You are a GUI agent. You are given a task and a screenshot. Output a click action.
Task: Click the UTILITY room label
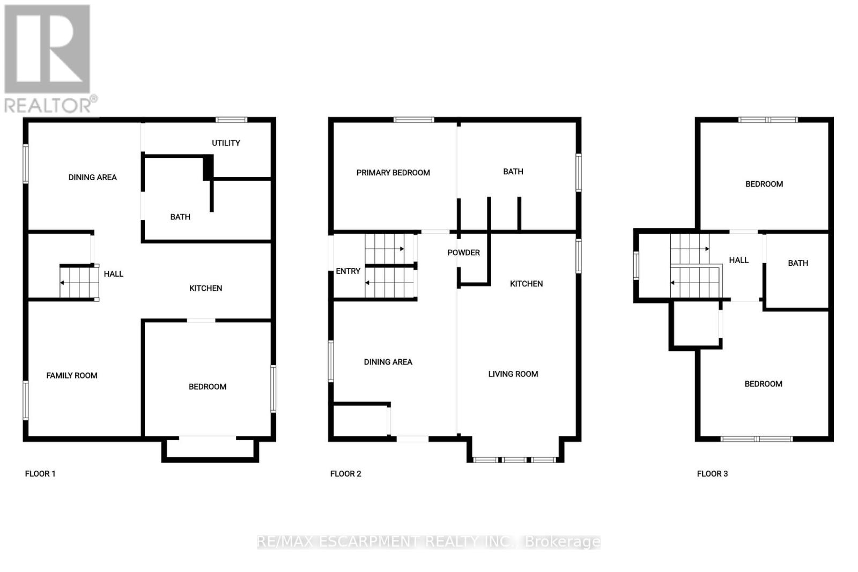click(x=226, y=143)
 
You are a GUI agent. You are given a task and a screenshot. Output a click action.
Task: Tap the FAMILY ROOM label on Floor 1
click(x=72, y=375)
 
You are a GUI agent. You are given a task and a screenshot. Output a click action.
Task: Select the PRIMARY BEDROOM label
click(x=393, y=173)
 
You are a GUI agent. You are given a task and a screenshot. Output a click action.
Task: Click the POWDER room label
click(x=464, y=252)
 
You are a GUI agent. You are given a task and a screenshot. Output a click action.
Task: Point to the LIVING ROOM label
click(x=513, y=374)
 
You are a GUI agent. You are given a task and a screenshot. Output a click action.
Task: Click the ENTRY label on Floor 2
click(x=348, y=271)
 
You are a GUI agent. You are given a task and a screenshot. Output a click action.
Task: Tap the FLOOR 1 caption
click(x=40, y=473)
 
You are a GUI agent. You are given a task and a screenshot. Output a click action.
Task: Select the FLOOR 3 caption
click(x=712, y=473)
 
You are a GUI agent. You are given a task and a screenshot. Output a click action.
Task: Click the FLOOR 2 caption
click(x=346, y=473)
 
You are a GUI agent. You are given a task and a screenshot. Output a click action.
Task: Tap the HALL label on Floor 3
click(x=738, y=260)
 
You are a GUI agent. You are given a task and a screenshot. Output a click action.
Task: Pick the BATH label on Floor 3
click(x=798, y=263)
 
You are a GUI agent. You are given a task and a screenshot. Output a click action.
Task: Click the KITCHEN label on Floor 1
click(x=205, y=288)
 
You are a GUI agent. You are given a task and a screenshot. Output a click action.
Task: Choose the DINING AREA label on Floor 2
click(x=388, y=362)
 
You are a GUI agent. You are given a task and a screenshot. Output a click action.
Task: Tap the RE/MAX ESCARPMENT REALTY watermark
click(x=429, y=542)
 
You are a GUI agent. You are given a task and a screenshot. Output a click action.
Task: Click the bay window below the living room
click(x=515, y=459)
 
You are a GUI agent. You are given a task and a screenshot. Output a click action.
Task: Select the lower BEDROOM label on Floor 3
click(x=763, y=384)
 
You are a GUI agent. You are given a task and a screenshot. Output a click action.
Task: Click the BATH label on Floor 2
click(x=513, y=172)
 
